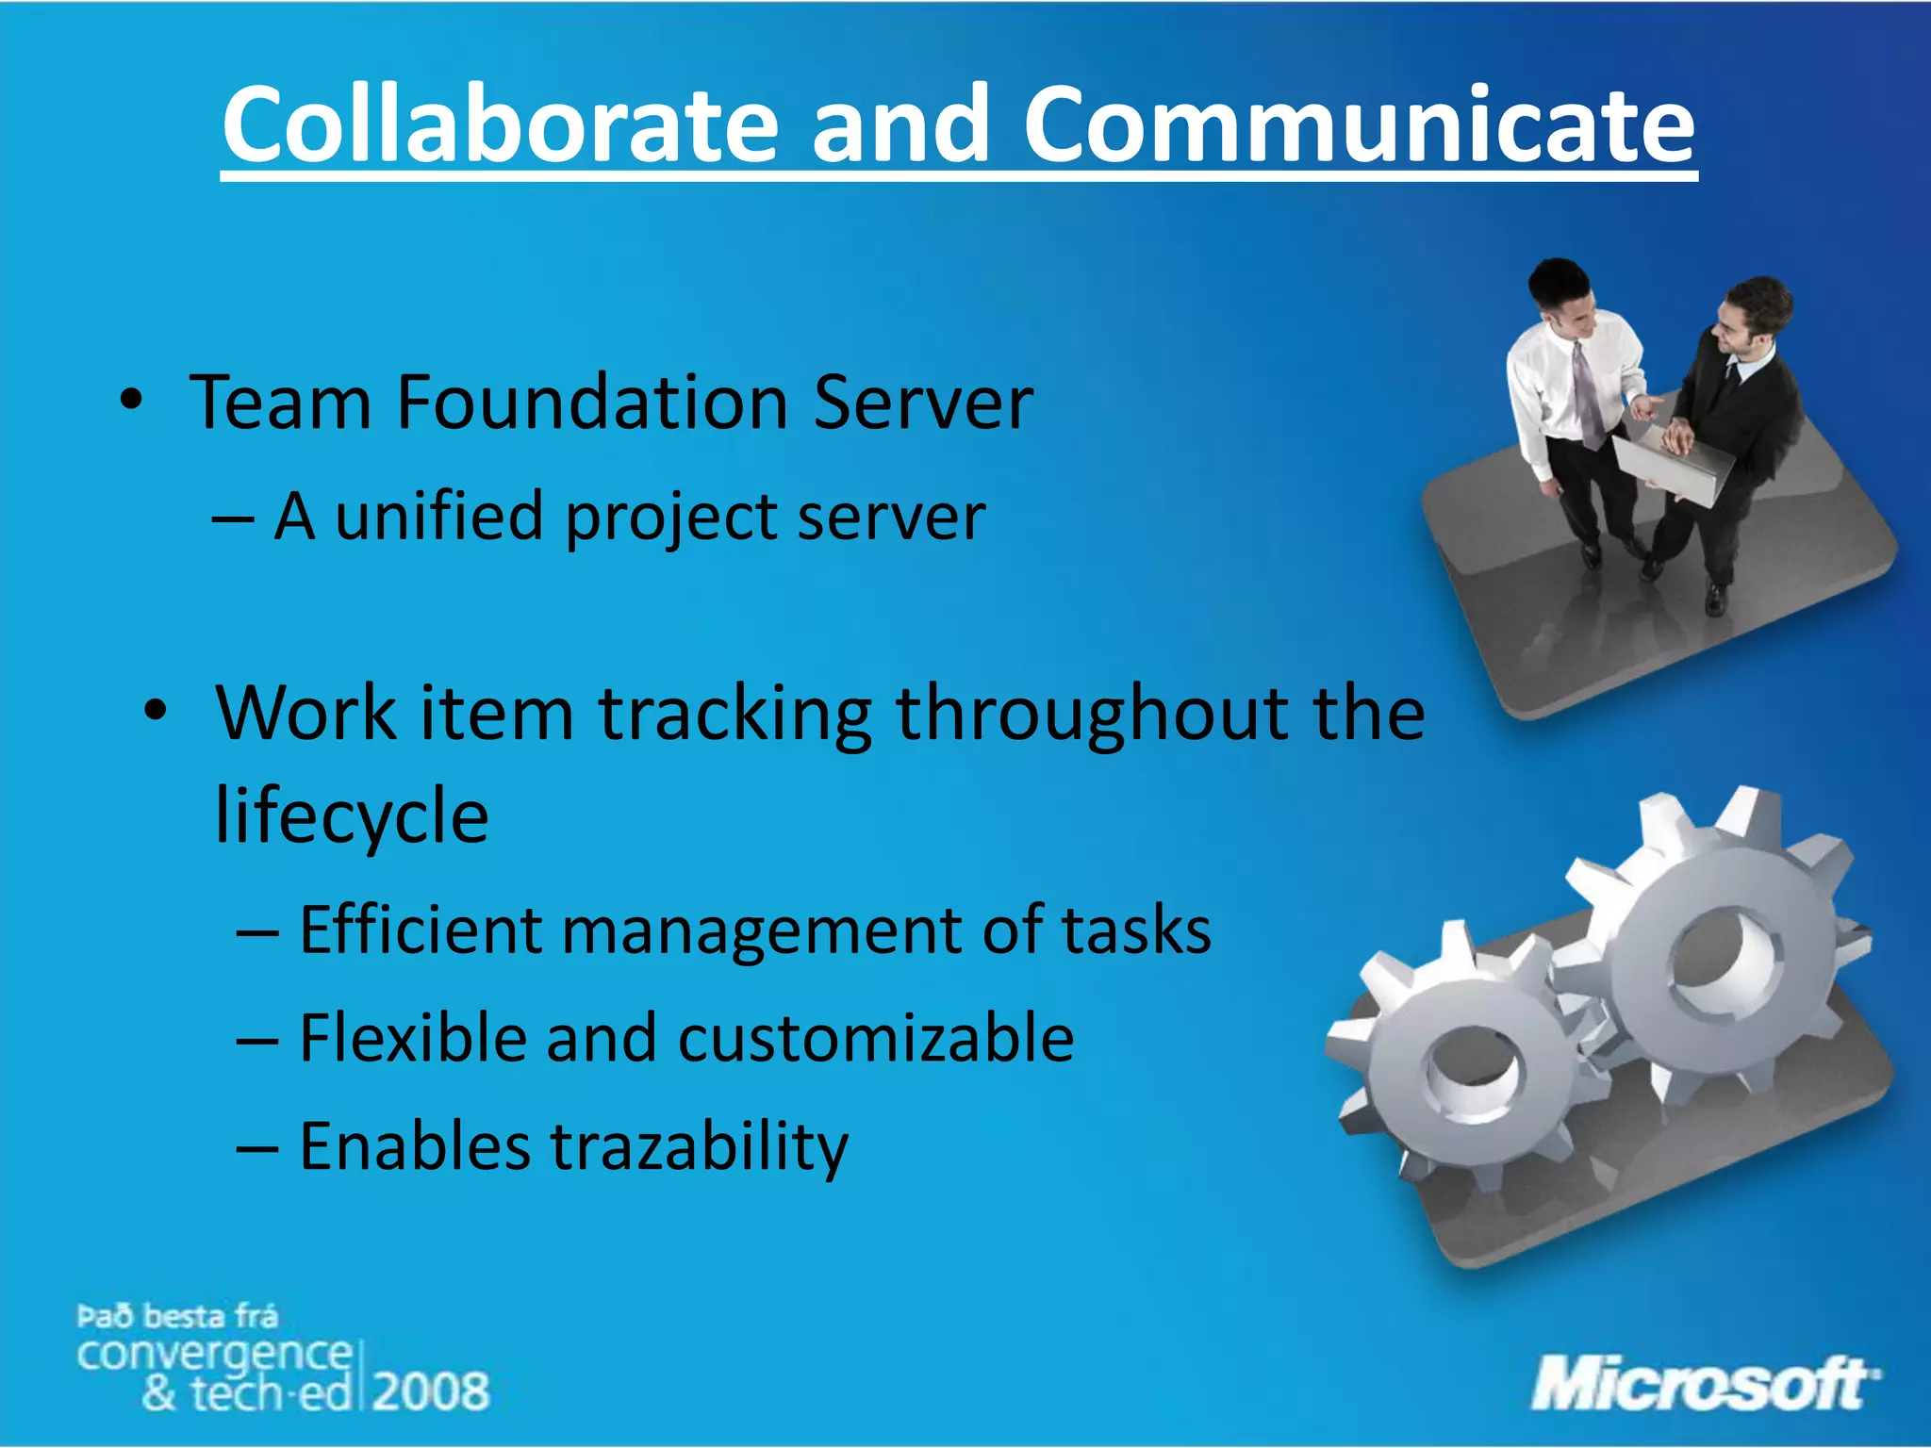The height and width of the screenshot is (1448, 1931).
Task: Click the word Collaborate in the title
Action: pyautogui.click(x=500, y=124)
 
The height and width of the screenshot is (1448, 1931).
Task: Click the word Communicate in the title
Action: pyautogui.click(x=1359, y=124)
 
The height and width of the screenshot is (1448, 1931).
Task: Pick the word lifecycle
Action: pyautogui.click(x=352, y=816)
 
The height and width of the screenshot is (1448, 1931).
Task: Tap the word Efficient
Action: pyautogui.click(x=419, y=930)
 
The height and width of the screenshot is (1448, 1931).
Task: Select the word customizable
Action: pyautogui.click(x=876, y=1038)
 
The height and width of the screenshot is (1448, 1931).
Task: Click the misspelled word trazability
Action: pyautogui.click(x=699, y=1147)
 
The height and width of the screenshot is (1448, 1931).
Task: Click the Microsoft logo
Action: pyautogui.click(x=1703, y=1384)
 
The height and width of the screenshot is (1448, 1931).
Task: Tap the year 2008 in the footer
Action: pyautogui.click(x=432, y=1391)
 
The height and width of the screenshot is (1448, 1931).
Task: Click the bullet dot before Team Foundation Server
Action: pyautogui.click(x=131, y=403)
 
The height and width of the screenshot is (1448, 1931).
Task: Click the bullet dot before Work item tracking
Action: pyautogui.click(x=156, y=713)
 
